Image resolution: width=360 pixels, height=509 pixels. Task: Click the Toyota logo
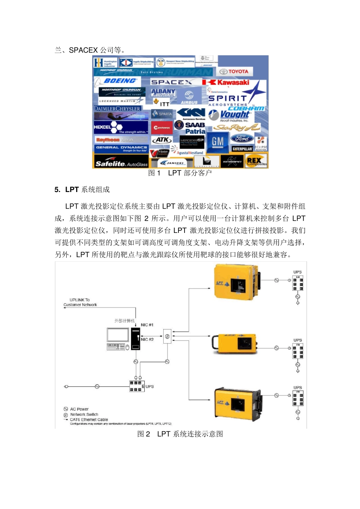pos(234,71)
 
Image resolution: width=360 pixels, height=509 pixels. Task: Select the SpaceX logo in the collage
pos(172,82)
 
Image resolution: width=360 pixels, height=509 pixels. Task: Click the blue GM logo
pos(218,142)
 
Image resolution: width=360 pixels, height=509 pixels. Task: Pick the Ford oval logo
pos(242,139)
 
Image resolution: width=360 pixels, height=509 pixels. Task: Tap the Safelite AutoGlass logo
pos(121,164)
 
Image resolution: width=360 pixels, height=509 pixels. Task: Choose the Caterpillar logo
pos(242,149)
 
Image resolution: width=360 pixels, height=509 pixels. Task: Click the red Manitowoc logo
pos(162,128)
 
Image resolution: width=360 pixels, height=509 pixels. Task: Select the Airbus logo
pos(189,97)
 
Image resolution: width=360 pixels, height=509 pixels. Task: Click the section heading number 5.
pos(57,190)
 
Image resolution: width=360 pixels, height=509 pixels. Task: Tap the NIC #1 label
pos(147,325)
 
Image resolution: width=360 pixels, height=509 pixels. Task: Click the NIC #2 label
pos(147,339)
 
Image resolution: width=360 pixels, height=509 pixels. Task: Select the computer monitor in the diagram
pos(118,335)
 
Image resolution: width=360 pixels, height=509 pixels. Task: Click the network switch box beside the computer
pos(167,336)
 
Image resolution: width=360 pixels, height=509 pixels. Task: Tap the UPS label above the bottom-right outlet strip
pos(297,388)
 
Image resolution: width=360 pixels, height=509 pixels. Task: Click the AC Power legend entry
pos(79,409)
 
